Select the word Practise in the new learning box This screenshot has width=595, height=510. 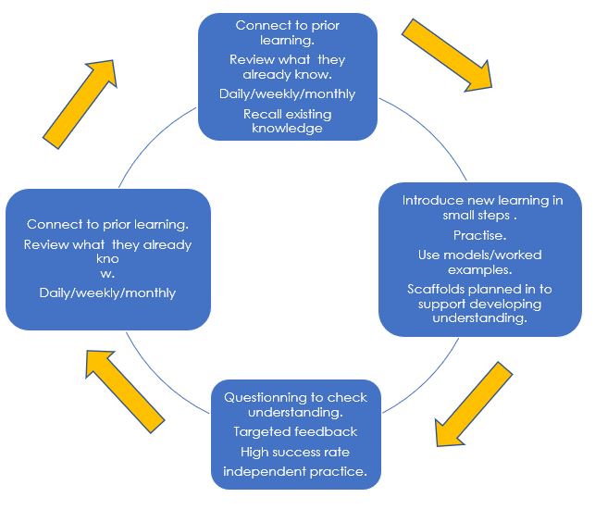coord(478,236)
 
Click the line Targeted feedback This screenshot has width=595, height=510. coord(295,432)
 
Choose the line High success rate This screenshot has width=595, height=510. coord(295,452)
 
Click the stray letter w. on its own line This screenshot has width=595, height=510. coord(107,273)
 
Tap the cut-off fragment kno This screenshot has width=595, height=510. coord(107,259)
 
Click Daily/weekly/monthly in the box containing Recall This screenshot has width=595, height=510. coord(287,94)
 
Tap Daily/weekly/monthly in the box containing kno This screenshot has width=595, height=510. coord(107,292)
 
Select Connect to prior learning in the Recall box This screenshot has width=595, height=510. coord(287,32)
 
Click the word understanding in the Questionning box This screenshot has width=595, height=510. coord(295,413)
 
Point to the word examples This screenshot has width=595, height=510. coord(478,269)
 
